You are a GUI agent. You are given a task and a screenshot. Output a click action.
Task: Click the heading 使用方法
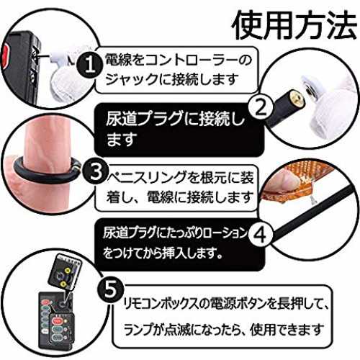pyautogui.click(x=294, y=25)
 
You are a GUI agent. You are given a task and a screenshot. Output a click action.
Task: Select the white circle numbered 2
pyautogui.click(x=261, y=107)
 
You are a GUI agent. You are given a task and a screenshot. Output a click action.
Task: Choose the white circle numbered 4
pyautogui.click(x=261, y=234)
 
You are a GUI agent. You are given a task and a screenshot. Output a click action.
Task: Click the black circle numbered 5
pyautogui.click(x=111, y=289)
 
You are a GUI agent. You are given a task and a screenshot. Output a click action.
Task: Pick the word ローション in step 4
pyautogui.click(x=225, y=233)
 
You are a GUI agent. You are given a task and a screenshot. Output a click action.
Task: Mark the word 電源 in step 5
pyautogui.click(x=223, y=305)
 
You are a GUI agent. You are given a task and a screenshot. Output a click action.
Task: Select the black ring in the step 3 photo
pyautogui.click(x=45, y=171)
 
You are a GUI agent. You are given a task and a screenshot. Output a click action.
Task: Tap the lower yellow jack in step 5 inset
pyautogui.click(x=63, y=284)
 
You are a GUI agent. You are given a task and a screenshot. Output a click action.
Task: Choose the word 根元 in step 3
pyautogui.click(x=214, y=178)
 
